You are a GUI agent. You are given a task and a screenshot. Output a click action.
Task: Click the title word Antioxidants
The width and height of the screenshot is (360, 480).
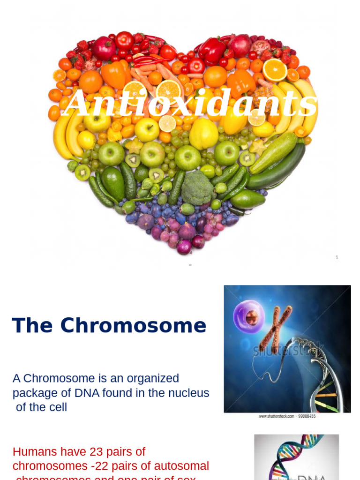[x=190, y=103]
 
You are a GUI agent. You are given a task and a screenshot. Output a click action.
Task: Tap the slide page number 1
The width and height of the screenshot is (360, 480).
[x=337, y=257]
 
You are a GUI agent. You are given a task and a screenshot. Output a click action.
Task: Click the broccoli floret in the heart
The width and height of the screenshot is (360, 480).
[x=197, y=187]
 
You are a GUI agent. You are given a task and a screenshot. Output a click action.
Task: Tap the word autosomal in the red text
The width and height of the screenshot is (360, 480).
[x=181, y=466]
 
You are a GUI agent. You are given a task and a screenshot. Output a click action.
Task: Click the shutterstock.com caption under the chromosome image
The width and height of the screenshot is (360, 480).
[x=287, y=416]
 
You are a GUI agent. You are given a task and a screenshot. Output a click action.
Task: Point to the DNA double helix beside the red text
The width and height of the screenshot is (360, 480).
[x=295, y=457]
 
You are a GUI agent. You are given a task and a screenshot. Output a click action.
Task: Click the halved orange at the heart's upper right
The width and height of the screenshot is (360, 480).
[x=275, y=70]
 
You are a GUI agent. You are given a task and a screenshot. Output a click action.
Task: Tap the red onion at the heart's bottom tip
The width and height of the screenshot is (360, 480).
[x=184, y=247]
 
